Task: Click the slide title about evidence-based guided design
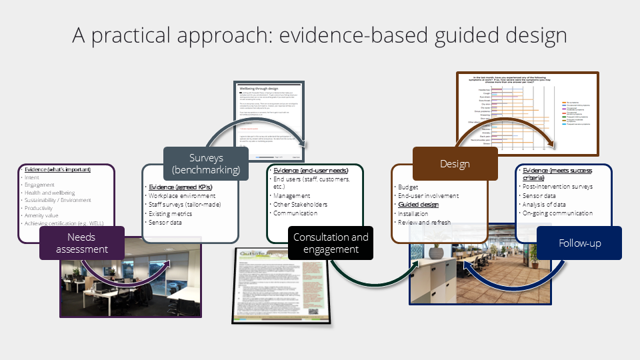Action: [x=319, y=34]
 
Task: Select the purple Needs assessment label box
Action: [x=82, y=243]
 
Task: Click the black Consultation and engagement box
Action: [x=331, y=243]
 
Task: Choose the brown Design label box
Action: [x=455, y=164]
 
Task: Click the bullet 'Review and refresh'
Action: [x=426, y=223]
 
